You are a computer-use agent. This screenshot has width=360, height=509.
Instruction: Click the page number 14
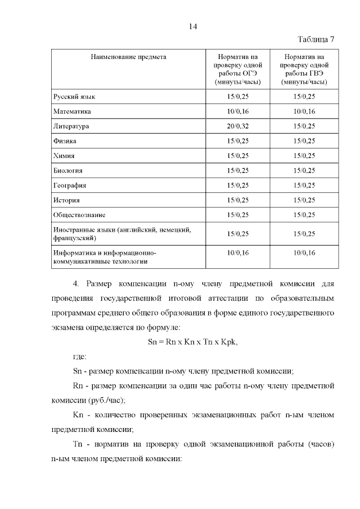pyautogui.click(x=192, y=26)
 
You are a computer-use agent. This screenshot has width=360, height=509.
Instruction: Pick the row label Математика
pyautogui.click(x=72, y=111)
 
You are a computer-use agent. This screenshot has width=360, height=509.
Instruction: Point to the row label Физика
pyautogui.click(x=64, y=141)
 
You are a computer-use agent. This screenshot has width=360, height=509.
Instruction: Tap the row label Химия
pyautogui.click(x=64, y=156)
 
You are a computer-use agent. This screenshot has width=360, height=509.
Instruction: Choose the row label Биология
pyautogui.click(x=68, y=170)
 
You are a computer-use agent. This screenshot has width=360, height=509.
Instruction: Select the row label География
pyautogui.click(x=69, y=185)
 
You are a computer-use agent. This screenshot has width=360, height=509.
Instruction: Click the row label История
pyautogui.click(x=66, y=200)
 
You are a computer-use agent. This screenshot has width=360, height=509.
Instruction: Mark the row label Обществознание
pyautogui.click(x=79, y=214)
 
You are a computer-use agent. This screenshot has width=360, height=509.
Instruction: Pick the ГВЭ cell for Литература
pyautogui.click(x=304, y=126)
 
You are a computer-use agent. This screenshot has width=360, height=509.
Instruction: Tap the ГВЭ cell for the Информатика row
pyautogui.click(x=304, y=253)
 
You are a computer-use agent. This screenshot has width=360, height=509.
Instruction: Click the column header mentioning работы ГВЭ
pyautogui.click(x=304, y=70)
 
